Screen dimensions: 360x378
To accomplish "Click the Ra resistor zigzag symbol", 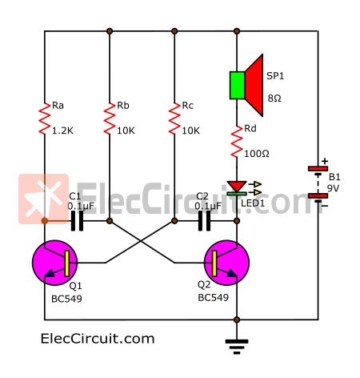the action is tap(45, 119).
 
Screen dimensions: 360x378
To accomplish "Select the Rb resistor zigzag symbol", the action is tap(110, 119).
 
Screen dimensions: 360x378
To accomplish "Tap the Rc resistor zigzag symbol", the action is tap(174, 119).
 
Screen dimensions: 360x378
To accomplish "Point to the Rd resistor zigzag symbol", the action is tap(237, 142).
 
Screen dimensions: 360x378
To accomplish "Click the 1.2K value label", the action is tap(62, 131).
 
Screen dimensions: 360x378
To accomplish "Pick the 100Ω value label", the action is tap(257, 154).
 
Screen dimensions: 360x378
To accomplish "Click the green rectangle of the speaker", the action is tap(238, 86).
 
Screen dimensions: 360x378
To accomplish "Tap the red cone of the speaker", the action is tap(254, 86).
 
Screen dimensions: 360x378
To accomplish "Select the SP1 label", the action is tap(275, 76).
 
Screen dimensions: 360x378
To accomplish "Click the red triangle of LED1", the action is tap(237, 186).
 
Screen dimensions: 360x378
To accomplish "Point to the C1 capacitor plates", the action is tap(77, 221).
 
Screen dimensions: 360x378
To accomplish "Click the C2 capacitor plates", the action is tap(204, 221).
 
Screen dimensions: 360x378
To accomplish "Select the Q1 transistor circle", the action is tap(55, 263).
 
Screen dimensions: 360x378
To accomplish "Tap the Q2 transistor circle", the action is tap(226, 263).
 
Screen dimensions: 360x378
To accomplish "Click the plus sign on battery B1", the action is tap(325, 161).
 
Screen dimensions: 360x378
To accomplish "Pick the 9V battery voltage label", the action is tap(333, 188).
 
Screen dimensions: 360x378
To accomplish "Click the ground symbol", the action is tap(237, 347).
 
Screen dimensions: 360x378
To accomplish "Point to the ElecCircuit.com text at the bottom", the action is tap(98, 339).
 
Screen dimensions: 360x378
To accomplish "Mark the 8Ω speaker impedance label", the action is tap(274, 99).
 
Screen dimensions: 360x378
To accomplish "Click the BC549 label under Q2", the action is tap(214, 298).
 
